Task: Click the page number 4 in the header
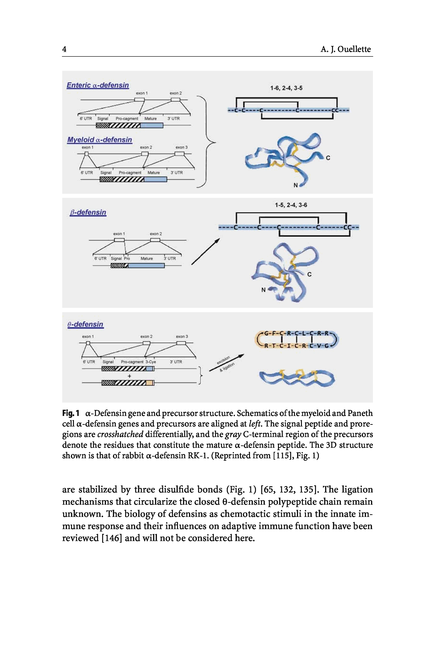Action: click(64, 49)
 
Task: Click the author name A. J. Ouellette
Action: click(345, 49)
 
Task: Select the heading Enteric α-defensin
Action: click(98, 85)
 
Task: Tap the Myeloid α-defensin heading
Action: click(100, 140)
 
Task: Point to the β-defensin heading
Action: click(88, 212)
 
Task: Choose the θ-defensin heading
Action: click(85, 324)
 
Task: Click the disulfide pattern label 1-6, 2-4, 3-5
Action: click(286, 88)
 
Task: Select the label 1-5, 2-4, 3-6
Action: click(291, 205)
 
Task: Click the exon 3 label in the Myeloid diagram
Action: click(182, 147)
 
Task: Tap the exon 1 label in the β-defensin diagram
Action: click(119, 234)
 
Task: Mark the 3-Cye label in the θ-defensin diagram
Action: click(151, 362)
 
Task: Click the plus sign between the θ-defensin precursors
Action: click(129, 376)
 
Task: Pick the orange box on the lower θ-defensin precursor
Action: click(150, 383)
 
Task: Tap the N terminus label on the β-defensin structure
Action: click(263, 290)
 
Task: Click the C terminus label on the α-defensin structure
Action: click(328, 158)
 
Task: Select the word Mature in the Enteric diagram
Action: click(150, 119)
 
